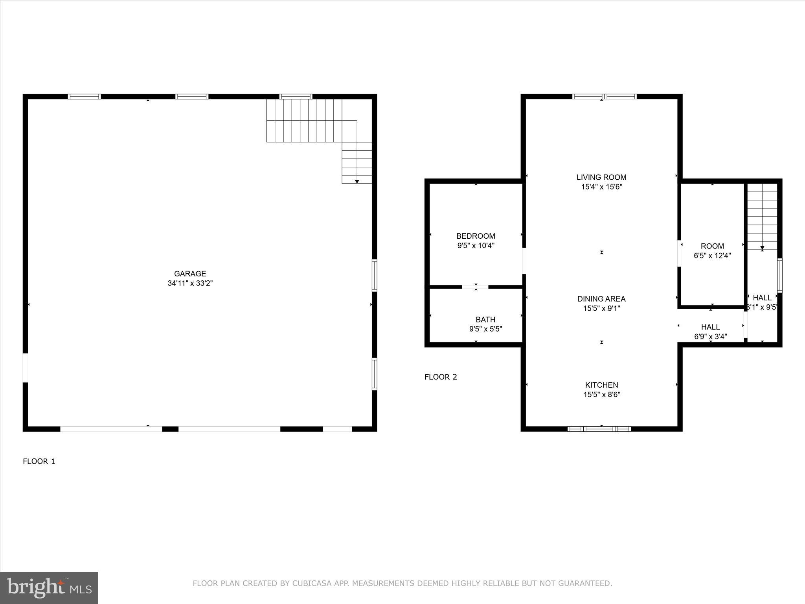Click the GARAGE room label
click(190, 274)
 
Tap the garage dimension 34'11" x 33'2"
click(190, 283)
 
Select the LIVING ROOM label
click(601, 177)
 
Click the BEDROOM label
click(476, 236)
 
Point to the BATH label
click(485, 320)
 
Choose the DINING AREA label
click(601, 299)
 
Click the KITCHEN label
click(601, 385)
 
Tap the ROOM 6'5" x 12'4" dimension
click(712, 256)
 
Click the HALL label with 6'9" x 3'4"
click(710, 327)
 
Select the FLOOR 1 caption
click(39, 461)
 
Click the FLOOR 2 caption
click(441, 377)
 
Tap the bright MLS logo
click(49, 588)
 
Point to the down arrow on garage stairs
click(357, 181)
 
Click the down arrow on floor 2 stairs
click(762, 248)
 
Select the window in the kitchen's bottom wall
click(599, 429)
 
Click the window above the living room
click(604, 96)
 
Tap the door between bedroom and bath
click(475, 287)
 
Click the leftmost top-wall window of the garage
click(84, 96)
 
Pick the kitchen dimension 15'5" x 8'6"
click(601, 394)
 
